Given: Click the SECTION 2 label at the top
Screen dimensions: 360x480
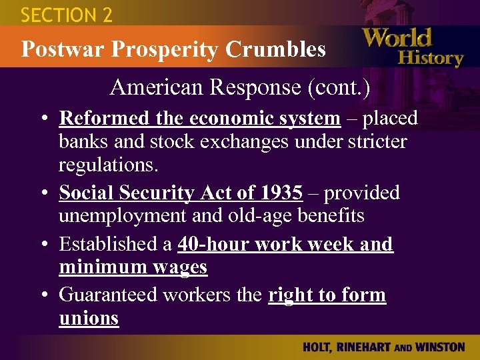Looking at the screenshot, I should click(x=67, y=15).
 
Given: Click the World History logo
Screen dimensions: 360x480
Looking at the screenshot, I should click(x=413, y=47).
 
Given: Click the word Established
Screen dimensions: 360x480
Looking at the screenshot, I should click(x=106, y=244).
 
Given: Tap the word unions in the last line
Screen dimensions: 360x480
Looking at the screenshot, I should click(x=89, y=318).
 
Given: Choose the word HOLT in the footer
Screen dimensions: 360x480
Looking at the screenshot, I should click(x=317, y=347).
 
